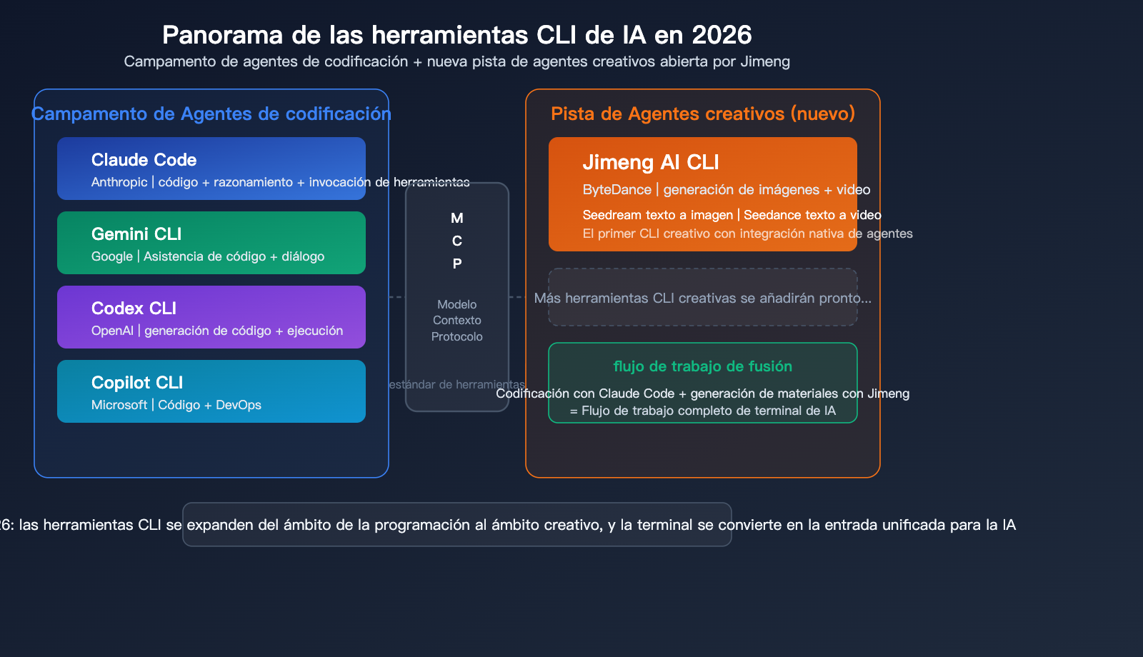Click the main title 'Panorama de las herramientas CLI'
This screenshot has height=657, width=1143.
tap(456, 35)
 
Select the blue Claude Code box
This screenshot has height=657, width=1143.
tap(211, 168)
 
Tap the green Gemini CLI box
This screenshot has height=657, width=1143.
tap(211, 243)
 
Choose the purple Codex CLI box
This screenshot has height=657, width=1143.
tap(211, 317)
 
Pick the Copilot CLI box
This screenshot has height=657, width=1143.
tap(211, 391)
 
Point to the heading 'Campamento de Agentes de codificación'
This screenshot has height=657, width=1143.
tap(211, 114)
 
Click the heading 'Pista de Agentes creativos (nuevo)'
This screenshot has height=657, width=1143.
tap(702, 114)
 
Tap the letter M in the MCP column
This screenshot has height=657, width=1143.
tap(457, 218)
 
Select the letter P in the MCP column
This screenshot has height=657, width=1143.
tap(457, 264)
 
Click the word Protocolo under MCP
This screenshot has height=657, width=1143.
tap(457, 336)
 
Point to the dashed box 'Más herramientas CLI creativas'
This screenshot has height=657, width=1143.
tap(702, 298)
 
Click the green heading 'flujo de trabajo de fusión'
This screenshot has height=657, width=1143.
tap(702, 366)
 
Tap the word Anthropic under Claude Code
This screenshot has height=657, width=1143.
tap(119, 182)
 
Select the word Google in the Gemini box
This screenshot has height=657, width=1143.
tap(112, 256)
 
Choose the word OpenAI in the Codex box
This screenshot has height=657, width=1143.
tap(112, 331)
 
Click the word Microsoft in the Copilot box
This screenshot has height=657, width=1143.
tap(119, 405)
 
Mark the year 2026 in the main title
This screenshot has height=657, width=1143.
tap(722, 35)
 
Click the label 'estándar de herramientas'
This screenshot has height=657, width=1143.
tap(457, 384)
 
